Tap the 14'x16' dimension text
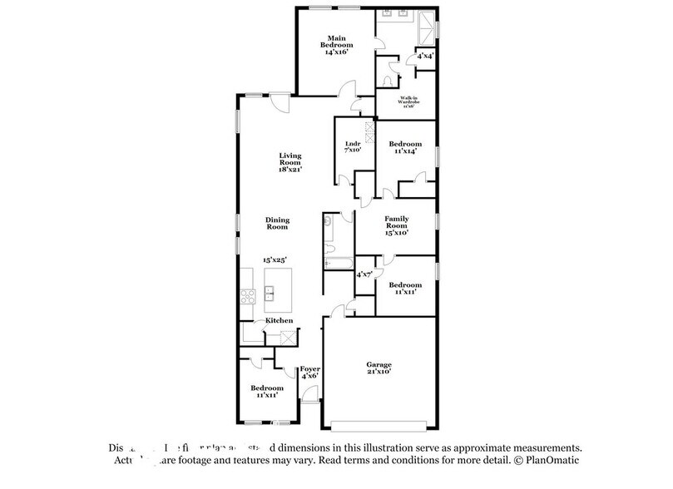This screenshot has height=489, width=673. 335,52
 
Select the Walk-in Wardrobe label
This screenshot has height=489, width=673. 407,99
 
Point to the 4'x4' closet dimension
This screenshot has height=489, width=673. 425,57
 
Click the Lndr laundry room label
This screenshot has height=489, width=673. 352,144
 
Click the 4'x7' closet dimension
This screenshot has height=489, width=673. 364,274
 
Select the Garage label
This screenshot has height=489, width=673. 379,363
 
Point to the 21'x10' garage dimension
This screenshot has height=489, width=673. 379,372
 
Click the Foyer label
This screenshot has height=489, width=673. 310,368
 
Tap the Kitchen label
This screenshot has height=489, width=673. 278,320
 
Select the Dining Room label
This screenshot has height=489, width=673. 277,223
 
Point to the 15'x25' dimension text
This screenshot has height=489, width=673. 275,260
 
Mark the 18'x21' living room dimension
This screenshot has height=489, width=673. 289,169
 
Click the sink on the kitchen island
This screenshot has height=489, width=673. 270,293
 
